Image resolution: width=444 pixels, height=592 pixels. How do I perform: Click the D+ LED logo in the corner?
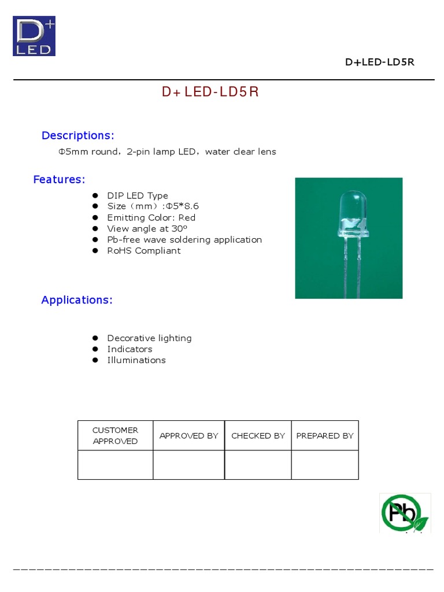[x=34, y=36]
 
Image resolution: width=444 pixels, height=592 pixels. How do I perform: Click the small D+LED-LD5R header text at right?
[x=379, y=62]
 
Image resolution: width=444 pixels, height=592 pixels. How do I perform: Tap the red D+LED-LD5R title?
[x=210, y=93]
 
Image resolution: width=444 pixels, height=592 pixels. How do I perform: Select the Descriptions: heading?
[x=78, y=135]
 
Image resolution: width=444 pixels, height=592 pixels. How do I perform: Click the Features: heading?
[x=59, y=179]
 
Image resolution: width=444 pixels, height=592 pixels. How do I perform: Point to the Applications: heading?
[x=77, y=300]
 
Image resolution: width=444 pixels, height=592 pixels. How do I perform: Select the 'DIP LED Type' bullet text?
[x=138, y=195]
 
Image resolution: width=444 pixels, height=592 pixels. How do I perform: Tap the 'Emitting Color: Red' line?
[x=151, y=217]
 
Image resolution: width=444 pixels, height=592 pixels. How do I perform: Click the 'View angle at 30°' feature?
[x=147, y=228]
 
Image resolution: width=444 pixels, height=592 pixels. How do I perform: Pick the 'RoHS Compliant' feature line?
[x=143, y=250]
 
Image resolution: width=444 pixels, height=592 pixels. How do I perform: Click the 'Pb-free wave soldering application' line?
[x=184, y=239]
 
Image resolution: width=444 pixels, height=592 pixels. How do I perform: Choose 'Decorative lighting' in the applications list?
[x=149, y=338]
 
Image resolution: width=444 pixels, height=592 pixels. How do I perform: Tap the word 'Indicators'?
[x=129, y=349]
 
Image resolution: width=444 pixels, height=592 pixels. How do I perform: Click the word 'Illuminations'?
[x=136, y=360]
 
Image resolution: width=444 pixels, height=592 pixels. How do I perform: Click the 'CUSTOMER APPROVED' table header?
[x=115, y=435]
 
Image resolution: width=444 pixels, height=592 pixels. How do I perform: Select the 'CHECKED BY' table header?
[x=258, y=435]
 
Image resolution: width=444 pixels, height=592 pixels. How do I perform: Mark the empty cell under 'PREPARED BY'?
[x=324, y=465]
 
